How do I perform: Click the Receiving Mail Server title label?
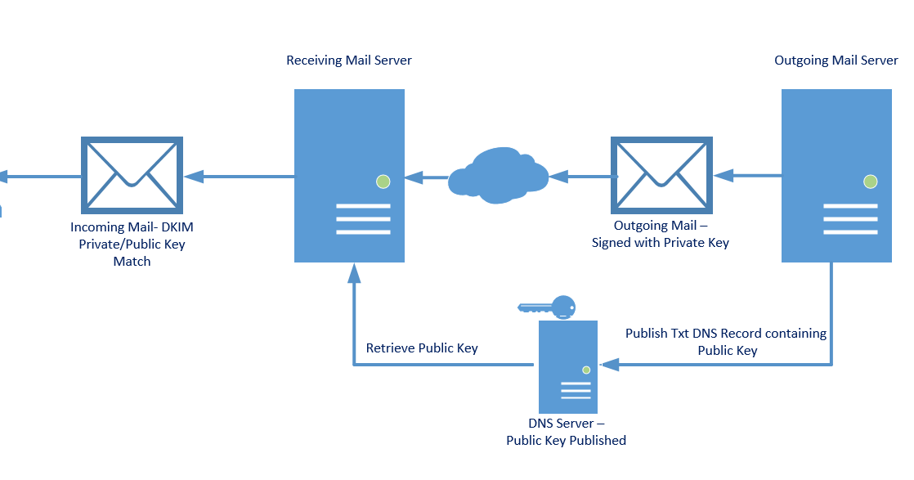(x=349, y=60)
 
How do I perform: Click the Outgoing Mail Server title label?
(x=836, y=61)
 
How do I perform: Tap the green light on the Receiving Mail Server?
(x=383, y=182)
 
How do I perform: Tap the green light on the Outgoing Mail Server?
(x=870, y=182)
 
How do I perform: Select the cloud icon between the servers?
(x=498, y=175)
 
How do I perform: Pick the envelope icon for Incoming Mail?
(x=132, y=175)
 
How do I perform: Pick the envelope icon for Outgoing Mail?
(x=661, y=175)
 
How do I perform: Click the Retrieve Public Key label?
(x=422, y=348)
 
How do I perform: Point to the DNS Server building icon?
(x=567, y=366)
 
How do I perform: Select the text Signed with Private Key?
(x=661, y=242)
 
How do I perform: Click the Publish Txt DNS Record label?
(x=725, y=334)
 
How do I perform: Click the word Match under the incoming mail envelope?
(x=132, y=262)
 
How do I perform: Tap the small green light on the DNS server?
(x=586, y=370)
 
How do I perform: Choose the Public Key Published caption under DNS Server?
(x=566, y=441)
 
